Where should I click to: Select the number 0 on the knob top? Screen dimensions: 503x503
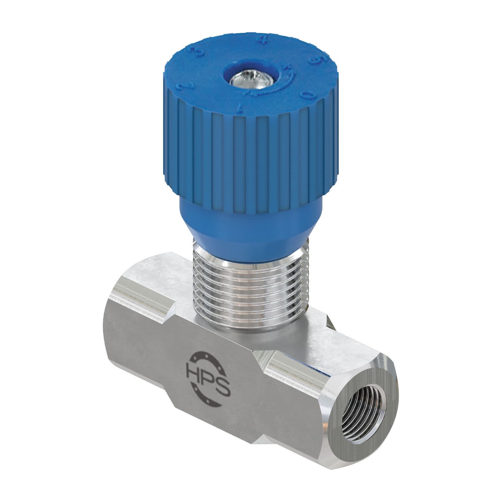pyautogui.click(x=306, y=96)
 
